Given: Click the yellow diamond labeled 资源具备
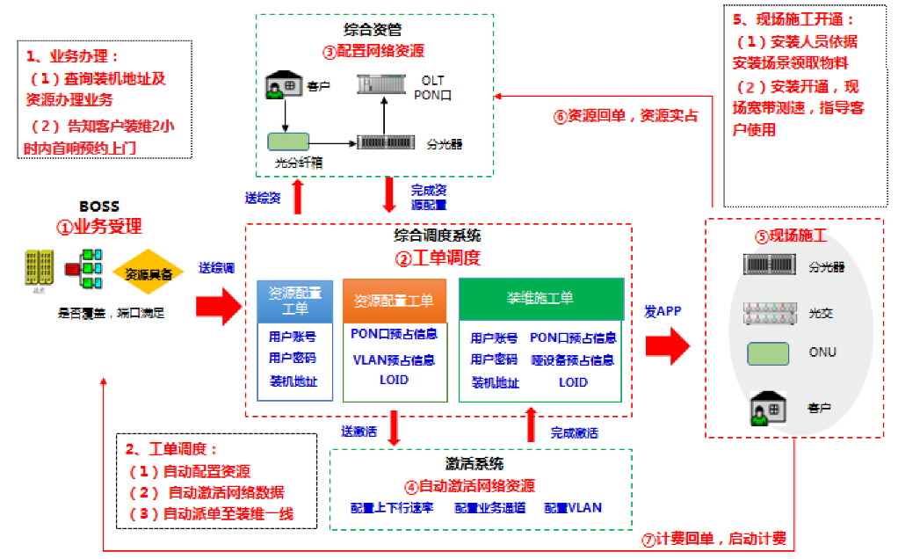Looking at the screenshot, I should tap(148, 273).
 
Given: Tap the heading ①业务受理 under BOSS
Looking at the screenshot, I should tap(99, 227).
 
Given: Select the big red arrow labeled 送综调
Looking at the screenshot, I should tap(216, 305).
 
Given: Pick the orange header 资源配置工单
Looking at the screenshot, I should tap(394, 300).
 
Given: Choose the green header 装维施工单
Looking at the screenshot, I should tap(540, 298).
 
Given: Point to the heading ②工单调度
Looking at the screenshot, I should tap(438, 258).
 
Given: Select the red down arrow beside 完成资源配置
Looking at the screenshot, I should tap(389, 194).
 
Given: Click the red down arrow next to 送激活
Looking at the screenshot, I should tap(394, 428).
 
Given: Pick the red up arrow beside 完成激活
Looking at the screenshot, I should tap(530, 425).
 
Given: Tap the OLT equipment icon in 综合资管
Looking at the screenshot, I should tap(383, 85).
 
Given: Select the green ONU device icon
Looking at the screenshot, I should tap(767, 353).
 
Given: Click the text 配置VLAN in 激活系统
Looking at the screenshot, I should tap(572, 508).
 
